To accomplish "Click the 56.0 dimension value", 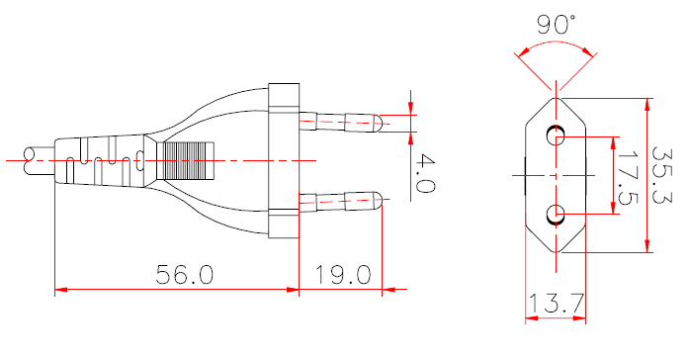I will (x=185, y=274).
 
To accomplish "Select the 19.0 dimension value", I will (x=343, y=274).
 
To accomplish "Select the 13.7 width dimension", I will (x=555, y=305).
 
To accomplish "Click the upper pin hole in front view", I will (x=555, y=135).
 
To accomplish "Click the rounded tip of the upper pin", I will (x=378, y=123).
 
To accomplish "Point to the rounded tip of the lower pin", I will (x=378, y=204).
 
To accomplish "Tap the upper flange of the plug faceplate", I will (x=283, y=97).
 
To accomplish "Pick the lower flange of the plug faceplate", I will (x=283, y=225).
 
